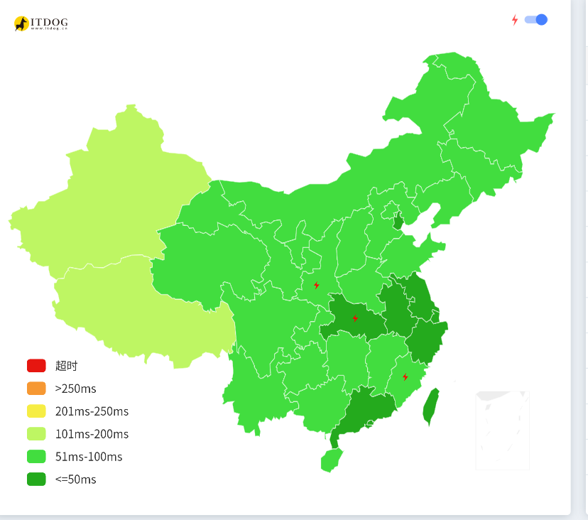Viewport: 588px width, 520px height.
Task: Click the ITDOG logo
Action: (x=40, y=23)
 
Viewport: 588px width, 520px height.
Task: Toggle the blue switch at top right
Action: (x=536, y=20)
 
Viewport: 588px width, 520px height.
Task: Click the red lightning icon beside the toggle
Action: (x=515, y=20)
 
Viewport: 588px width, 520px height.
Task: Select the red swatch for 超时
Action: (x=36, y=366)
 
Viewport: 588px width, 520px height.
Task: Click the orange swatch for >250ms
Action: (x=36, y=389)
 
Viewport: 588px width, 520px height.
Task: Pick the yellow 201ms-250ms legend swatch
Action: (x=36, y=411)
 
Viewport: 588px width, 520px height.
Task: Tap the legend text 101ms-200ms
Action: (x=92, y=434)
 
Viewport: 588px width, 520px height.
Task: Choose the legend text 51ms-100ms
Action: (x=89, y=457)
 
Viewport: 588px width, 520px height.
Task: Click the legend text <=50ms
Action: (x=75, y=480)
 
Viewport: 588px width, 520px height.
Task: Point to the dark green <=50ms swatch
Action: (x=36, y=480)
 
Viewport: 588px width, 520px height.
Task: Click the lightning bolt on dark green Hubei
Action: (x=355, y=318)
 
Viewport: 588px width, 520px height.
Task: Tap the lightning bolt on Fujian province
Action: (x=405, y=377)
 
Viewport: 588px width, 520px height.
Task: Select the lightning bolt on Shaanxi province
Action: (x=317, y=285)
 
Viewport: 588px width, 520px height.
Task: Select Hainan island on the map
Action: (x=330, y=461)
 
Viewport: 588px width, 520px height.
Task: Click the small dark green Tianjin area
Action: (x=398, y=220)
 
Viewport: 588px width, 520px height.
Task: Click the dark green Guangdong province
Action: (x=366, y=412)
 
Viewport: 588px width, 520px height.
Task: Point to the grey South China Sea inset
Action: (x=503, y=430)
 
